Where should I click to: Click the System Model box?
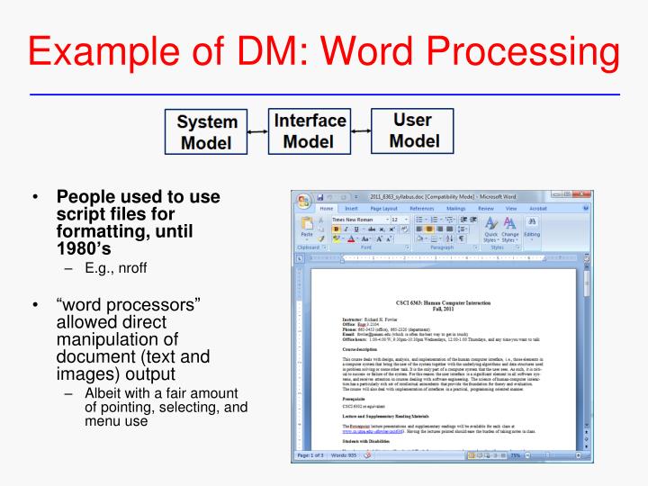tap(207, 132)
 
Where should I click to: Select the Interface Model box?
tap(310, 130)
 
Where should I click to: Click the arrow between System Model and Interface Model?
tap(258, 132)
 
